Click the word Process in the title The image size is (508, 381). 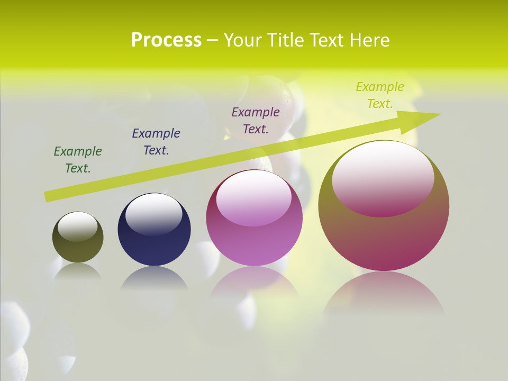[x=166, y=40]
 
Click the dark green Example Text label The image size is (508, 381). [x=78, y=160]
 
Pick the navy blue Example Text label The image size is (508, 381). [x=156, y=142]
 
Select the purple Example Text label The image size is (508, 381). [x=256, y=121]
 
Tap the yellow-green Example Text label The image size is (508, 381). [x=380, y=95]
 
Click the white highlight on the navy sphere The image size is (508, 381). [x=154, y=213]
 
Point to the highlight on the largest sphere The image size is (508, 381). [x=383, y=177]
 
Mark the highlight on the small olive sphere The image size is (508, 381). [x=78, y=226]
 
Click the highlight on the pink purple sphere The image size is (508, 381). [x=254, y=197]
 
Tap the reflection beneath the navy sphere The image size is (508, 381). [x=154, y=278]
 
